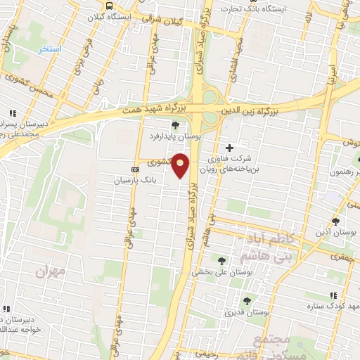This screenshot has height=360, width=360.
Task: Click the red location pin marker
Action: (181, 165)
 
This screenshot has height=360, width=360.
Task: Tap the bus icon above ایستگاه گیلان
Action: (108, 5)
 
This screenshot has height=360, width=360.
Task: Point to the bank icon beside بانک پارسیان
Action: (136, 169)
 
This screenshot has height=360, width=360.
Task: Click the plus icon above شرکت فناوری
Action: (229, 147)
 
